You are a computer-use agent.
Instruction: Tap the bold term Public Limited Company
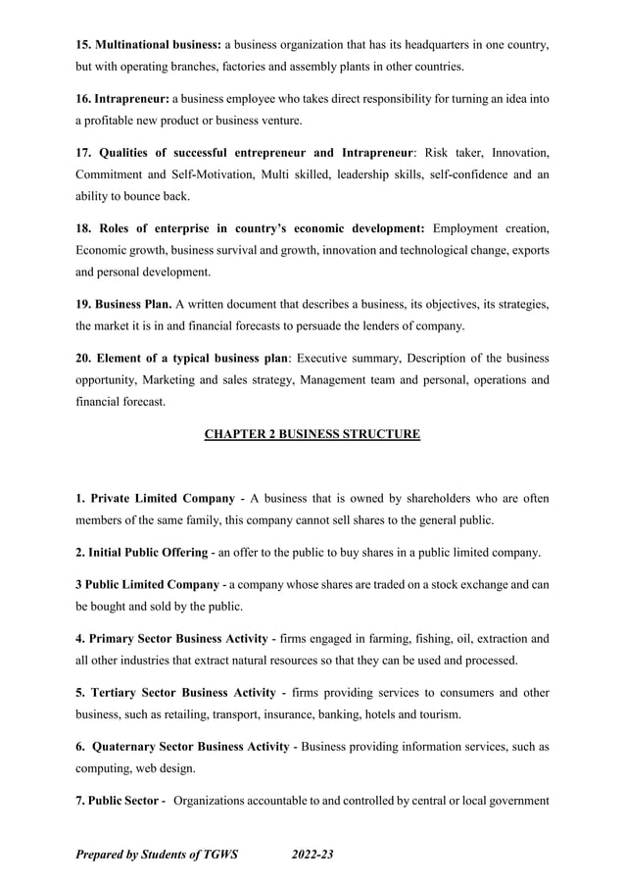[x=154, y=585]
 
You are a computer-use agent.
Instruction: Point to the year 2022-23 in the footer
[x=313, y=855]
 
